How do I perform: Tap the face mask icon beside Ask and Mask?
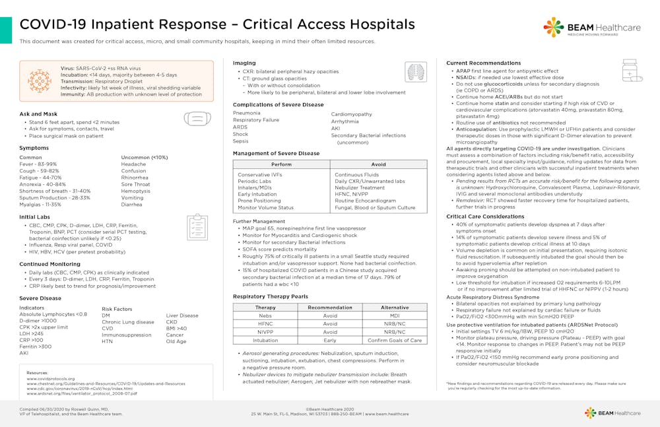click(x=197, y=119)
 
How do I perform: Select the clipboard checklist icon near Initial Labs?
click(x=197, y=226)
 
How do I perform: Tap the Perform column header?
click(x=281, y=164)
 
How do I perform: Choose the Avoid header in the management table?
click(x=378, y=164)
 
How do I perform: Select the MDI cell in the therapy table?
click(x=395, y=315)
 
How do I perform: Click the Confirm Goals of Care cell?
click(x=395, y=341)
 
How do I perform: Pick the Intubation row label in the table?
click(x=265, y=341)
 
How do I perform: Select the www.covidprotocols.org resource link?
click(x=50, y=379)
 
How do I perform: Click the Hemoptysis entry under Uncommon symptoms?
click(x=137, y=191)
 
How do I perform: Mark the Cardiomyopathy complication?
click(x=352, y=114)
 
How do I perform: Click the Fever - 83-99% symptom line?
click(x=38, y=164)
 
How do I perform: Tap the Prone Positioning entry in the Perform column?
click(x=259, y=201)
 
